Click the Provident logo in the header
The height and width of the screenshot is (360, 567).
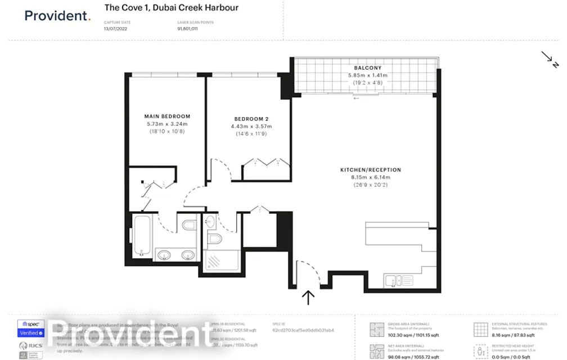tap(57, 16)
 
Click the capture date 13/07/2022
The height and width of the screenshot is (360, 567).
tap(115, 28)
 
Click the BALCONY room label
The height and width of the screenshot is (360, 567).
tap(368, 68)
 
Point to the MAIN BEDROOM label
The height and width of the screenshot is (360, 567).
tap(167, 116)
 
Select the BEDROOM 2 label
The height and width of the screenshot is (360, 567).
tap(249, 119)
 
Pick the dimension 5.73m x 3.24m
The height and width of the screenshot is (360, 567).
tap(167, 124)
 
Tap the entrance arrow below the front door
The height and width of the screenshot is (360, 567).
tap(308, 297)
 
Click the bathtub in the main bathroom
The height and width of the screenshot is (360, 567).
tap(141, 235)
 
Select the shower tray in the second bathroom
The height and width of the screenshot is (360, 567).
tap(223, 260)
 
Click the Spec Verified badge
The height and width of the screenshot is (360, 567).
tap(31, 328)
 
